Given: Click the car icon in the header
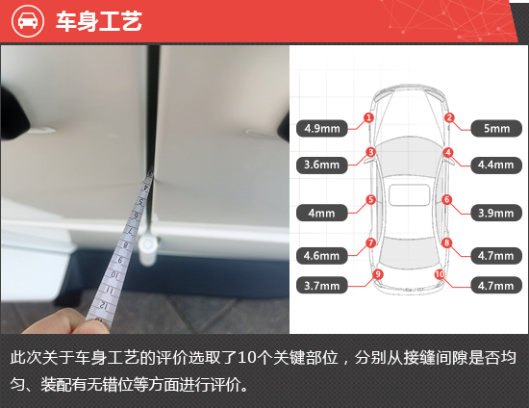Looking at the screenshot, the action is (28, 20).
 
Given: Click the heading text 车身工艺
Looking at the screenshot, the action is (99, 21).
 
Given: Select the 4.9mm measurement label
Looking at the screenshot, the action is (322, 128).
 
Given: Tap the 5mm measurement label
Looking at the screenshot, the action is (496, 128).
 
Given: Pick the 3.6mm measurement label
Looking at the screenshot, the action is (322, 165).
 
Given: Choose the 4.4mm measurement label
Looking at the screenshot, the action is (496, 165).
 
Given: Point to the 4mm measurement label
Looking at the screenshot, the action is (322, 213).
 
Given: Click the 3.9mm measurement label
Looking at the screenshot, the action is (496, 213).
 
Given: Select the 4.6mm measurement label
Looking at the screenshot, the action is (322, 256).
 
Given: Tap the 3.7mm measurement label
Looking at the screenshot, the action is (322, 286).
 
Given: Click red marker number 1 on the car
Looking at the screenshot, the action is (368, 117).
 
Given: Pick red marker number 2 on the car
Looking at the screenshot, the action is (449, 117).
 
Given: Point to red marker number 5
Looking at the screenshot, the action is (370, 199).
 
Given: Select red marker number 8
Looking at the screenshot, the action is (447, 242).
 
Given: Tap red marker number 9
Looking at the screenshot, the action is (378, 274).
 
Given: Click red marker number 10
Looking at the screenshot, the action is (440, 274).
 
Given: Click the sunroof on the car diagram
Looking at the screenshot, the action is (409, 195).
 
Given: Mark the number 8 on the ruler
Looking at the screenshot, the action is (125, 245).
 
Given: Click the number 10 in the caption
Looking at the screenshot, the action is (246, 358).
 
